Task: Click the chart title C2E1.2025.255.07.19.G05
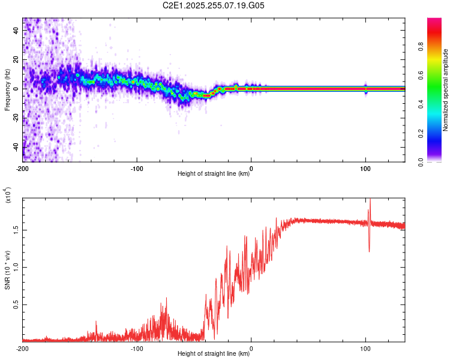coord(213,5)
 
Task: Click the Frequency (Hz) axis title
coord(7,89)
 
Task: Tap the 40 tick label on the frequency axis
coord(16,30)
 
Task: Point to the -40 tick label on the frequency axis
coord(16,148)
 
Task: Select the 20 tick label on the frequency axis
coord(16,59)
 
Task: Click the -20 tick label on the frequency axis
coord(16,118)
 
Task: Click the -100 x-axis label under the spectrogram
coord(137,169)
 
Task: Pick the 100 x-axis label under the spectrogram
coord(365,169)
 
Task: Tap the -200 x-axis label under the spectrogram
coord(22,169)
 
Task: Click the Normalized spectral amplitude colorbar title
coord(445,90)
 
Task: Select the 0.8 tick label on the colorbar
coord(421,46)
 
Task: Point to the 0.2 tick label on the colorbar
coord(421,133)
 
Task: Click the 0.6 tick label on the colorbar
coord(421,75)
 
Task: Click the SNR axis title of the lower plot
coord(7,270)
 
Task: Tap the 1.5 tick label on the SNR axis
coord(16,230)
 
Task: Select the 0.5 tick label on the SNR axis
coord(16,305)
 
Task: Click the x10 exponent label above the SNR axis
coord(8,195)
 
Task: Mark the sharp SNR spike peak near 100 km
coord(370,199)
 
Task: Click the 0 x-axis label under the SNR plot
coord(251,349)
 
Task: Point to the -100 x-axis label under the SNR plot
coord(137,349)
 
